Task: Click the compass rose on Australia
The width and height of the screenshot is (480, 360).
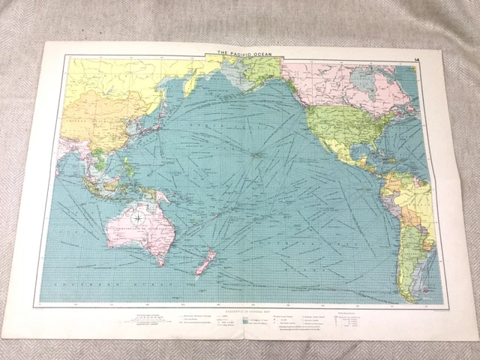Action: pos(139,220)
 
